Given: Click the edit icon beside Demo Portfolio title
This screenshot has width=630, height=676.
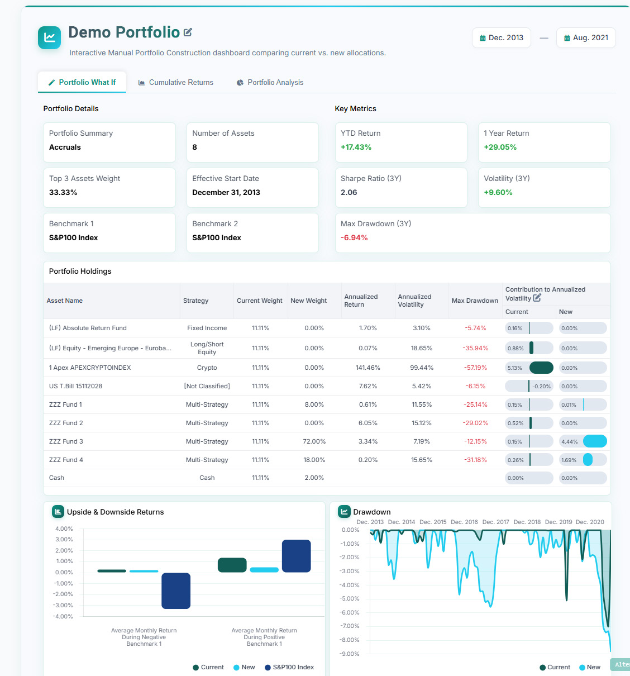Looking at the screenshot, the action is point(188,32).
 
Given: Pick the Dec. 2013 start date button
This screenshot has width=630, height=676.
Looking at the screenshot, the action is point(501,38).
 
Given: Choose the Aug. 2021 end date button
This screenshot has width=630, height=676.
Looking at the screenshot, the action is point(586,38).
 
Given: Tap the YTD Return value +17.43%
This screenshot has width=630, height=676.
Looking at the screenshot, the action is point(356,147).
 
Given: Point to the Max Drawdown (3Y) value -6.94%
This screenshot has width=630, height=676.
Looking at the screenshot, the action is point(354,237).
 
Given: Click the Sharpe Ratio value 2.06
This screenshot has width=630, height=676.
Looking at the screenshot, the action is point(349,192).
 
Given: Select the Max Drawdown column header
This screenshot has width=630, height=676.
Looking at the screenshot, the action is point(475,301).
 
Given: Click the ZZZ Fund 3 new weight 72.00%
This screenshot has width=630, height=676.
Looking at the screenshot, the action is point(314,441).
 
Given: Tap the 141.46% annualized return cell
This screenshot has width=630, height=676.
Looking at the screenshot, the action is point(367,368).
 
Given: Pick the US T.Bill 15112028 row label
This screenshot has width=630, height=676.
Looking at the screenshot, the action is point(75,386).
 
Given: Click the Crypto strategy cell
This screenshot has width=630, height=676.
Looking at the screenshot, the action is point(207,368).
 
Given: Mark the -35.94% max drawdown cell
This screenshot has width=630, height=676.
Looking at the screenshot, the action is point(475,348).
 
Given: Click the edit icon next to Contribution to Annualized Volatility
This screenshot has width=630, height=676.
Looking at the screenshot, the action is point(537,298).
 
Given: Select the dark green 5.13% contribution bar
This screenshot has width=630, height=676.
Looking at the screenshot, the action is point(541,368).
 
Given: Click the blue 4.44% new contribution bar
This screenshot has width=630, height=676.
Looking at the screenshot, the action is point(595,441).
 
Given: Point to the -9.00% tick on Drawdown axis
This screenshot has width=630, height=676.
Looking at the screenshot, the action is point(350,654).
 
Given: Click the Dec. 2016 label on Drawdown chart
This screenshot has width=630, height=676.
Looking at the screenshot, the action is point(464,522).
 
